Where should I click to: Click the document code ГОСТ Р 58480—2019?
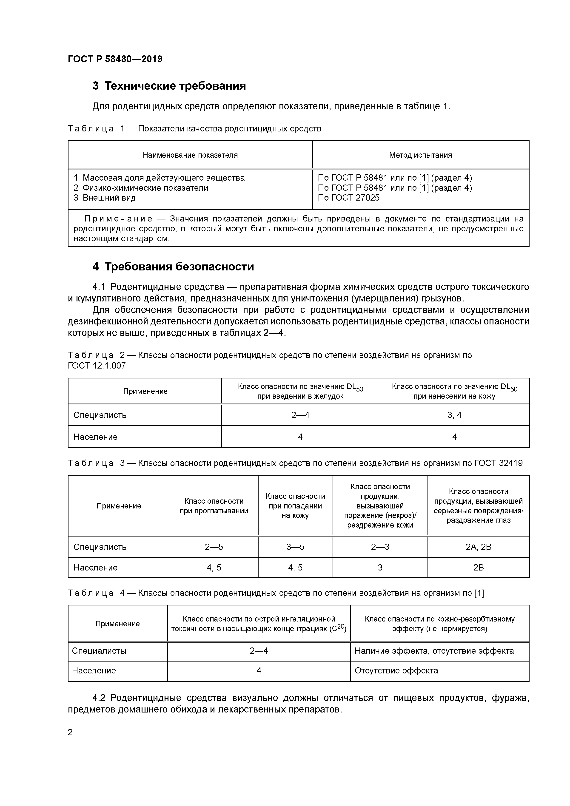coord(115,59)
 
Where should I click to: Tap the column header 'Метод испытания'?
coord(420,155)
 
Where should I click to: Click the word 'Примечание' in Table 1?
coord(118,219)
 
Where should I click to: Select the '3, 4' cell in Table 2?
coord(454,415)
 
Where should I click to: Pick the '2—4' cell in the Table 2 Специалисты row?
coord(300,415)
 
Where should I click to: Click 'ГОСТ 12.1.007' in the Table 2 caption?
coord(97,366)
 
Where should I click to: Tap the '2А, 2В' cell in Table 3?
coord(478,547)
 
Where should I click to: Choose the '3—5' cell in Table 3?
coord(295,547)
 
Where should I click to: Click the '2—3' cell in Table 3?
coord(380,547)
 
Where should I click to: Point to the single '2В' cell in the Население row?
coord(478,568)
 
